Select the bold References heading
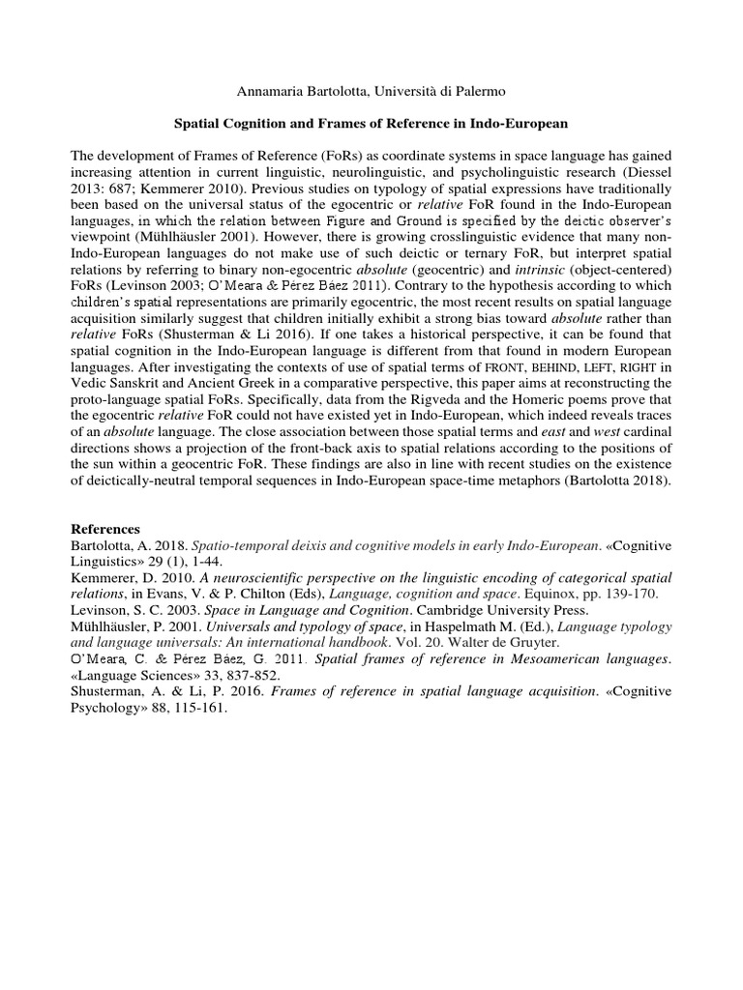click(x=107, y=529)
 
